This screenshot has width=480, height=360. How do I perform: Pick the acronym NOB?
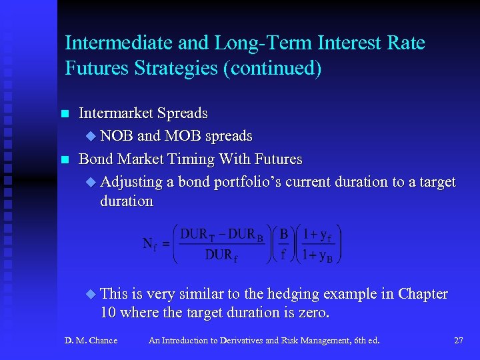click(117, 136)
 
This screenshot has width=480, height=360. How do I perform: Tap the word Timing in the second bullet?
click(203, 159)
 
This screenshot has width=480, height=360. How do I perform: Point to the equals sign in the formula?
click(166, 245)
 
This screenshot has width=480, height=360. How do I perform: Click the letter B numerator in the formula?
click(283, 235)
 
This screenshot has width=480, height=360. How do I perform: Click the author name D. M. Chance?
click(91, 341)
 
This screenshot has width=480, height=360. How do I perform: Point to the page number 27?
click(458, 341)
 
